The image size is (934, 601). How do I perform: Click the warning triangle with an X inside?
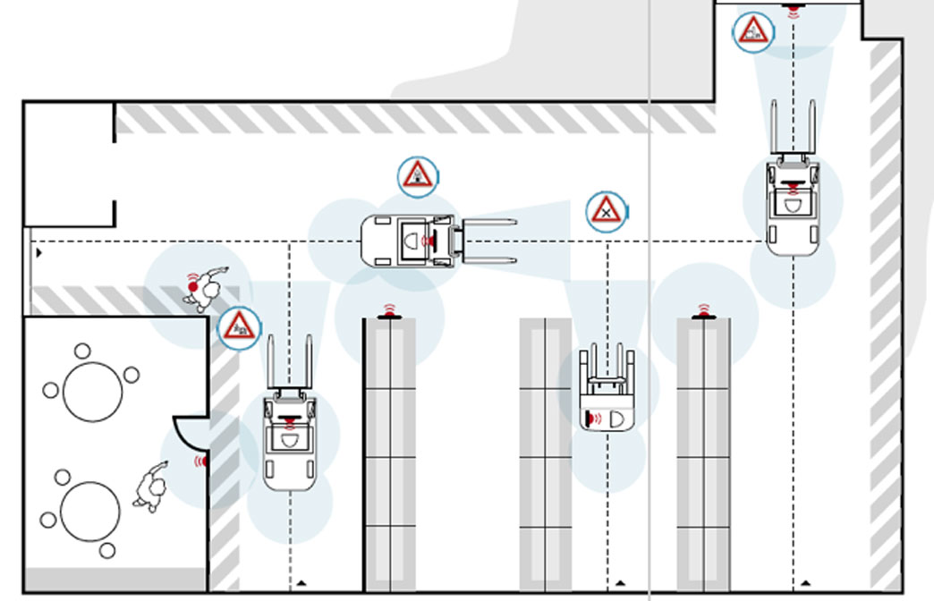point(606,212)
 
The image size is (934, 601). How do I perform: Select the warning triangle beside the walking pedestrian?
point(238,325)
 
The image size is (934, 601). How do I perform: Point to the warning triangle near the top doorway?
point(754,31)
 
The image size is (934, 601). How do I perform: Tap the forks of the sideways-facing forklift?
point(488,240)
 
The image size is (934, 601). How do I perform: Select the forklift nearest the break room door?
point(288,438)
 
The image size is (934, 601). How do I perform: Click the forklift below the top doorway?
point(792,201)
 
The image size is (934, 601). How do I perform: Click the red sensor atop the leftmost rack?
point(389,312)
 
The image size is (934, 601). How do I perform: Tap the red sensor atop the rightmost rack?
point(703,313)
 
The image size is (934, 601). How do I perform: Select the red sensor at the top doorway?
point(793,10)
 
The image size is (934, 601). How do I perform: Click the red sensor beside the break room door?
point(201,461)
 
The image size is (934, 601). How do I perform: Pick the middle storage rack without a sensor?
point(546,456)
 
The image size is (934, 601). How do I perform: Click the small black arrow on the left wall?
point(38,253)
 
